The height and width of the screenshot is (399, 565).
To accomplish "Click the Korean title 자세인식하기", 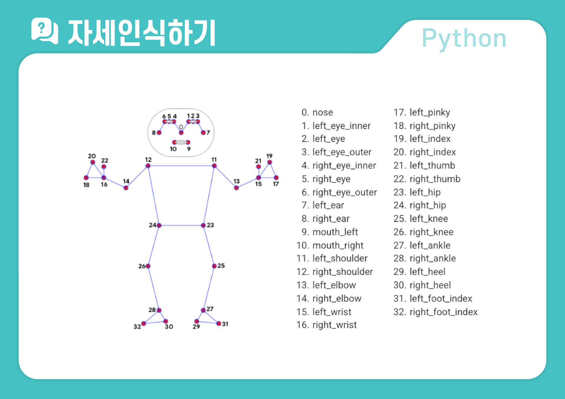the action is [142, 33].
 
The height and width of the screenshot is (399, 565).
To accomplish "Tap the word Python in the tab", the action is [464, 38].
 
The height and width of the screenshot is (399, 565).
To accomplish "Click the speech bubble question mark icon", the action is [44, 31].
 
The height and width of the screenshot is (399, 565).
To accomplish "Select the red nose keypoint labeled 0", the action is [181, 133].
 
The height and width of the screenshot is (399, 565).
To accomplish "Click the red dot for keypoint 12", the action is [148, 166].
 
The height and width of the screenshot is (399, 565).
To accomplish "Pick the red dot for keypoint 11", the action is [214, 166].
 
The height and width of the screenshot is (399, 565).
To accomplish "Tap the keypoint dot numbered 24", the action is [159, 225].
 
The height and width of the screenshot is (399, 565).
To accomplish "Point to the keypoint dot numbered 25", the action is [214, 266].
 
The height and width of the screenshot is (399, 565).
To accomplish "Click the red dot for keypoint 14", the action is [126, 188].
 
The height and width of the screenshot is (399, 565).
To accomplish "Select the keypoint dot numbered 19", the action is [269, 162].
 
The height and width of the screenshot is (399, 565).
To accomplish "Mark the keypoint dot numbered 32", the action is [144, 323].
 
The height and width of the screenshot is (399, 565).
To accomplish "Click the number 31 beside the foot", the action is [225, 324].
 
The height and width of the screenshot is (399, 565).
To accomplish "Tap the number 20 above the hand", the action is [92, 156].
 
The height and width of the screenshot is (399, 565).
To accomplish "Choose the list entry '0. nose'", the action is [317, 112].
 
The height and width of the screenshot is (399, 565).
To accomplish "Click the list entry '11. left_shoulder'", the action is [332, 258].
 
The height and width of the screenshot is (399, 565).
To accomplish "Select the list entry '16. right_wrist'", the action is [327, 325].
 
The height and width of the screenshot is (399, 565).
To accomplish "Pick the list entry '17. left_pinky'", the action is [422, 112].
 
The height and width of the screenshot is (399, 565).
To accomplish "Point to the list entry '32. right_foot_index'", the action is [435, 312].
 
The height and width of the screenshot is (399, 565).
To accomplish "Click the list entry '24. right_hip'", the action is [420, 205].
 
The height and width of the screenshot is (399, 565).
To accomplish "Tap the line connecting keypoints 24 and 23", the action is [181, 225].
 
